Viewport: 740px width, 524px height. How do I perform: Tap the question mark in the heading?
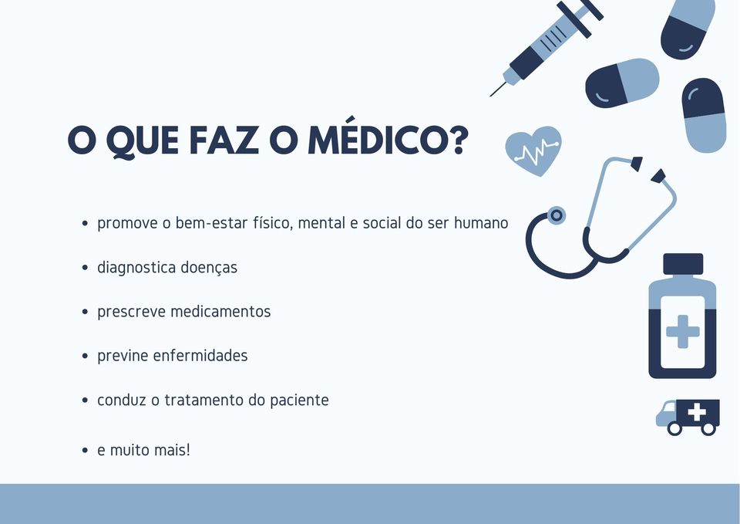click(458, 140)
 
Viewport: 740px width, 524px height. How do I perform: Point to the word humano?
click(481, 222)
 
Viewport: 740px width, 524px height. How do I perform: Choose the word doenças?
click(209, 268)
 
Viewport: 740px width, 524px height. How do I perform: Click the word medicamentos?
click(220, 311)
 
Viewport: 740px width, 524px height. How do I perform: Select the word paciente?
click(299, 401)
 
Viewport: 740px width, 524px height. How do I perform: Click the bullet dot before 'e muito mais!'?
click(85, 450)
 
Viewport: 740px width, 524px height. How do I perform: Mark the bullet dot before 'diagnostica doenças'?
click(85, 268)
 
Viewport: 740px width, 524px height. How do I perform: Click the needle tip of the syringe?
click(490, 96)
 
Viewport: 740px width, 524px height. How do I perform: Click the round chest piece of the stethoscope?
click(557, 215)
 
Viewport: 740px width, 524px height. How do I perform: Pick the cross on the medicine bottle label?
click(682, 332)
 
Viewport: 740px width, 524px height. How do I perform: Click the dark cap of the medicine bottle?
click(683, 264)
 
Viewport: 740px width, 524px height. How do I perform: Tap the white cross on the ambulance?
click(697, 412)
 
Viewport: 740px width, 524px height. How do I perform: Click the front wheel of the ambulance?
click(675, 428)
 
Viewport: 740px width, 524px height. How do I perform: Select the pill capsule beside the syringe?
click(622, 83)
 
